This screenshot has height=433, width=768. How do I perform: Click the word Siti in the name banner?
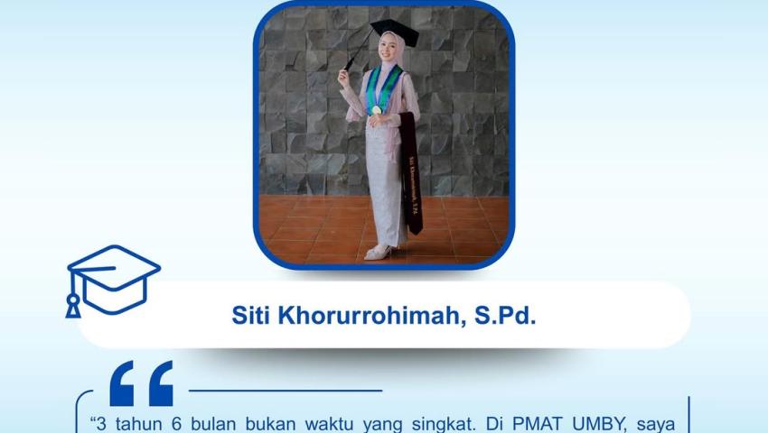click(x=251, y=317)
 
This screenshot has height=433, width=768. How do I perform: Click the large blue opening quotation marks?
click(x=141, y=383)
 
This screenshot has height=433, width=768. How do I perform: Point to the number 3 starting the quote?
click(x=98, y=422)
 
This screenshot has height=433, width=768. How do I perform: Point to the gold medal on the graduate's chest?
click(x=376, y=110)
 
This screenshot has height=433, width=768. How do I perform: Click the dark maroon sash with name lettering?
click(x=411, y=176)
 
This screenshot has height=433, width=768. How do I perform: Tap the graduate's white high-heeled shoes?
click(x=378, y=252)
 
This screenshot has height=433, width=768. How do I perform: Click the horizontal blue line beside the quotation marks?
click(x=285, y=391)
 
